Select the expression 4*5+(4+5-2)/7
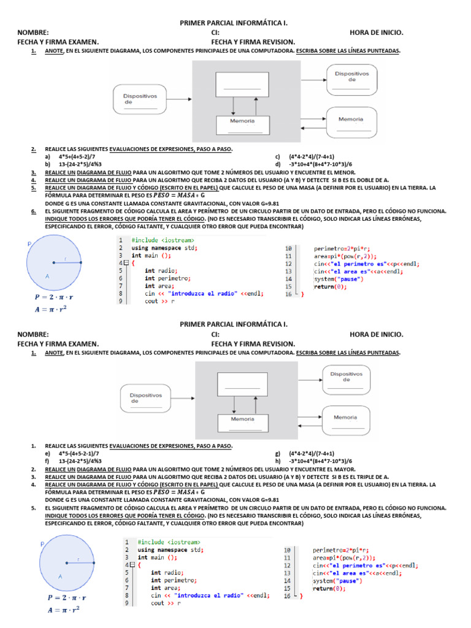(78, 157)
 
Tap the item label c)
(278, 157)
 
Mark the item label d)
(278, 165)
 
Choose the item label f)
(47, 461)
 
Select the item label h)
(278, 461)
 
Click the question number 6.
(33, 211)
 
